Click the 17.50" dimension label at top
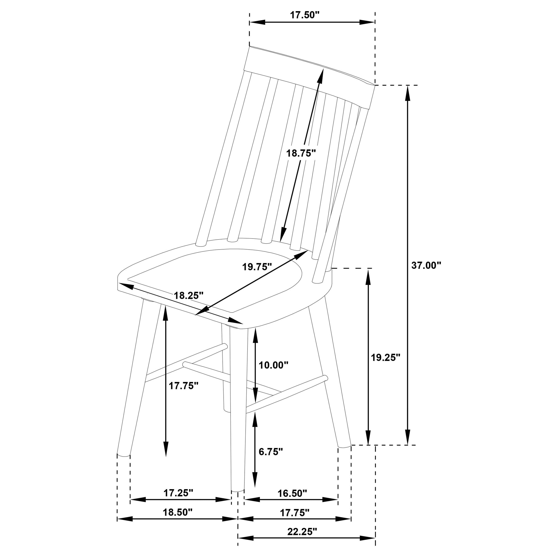tap(305, 15)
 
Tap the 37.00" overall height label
tap(426, 265)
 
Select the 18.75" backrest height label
tap(301, 153)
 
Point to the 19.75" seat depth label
tap(257, 267)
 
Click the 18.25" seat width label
tap(188, 295)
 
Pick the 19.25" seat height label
tap(385, 358)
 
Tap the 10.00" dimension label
tap(273, 365)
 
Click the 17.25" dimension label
tap(178, 493)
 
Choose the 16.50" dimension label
tap(292, 493)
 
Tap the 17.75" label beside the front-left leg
tap(184, 386)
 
